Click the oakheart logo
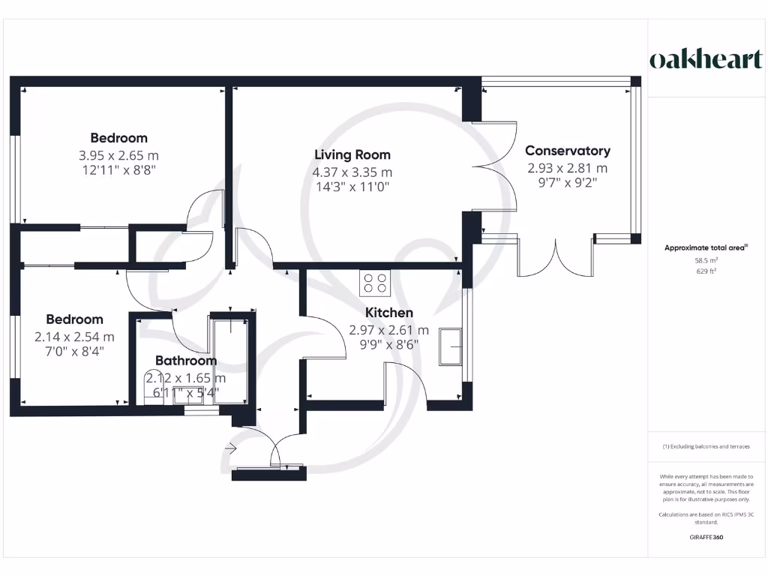pos(706,59)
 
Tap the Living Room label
pos(352,154)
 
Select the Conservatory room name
pos(568,151)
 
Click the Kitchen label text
pos(389,313)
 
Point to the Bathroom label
pos(186,361)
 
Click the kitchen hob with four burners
pos(375,283)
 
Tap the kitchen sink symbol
pos(450,346)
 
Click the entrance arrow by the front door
pos(231,448)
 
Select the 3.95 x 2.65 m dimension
pos(118,156)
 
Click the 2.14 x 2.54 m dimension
pos(74,337)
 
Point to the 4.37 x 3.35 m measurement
pos(352,172)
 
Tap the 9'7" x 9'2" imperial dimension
pos(568,183)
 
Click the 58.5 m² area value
pos(706,260)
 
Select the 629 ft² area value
pos(706,271)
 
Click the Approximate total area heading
pos(706,247)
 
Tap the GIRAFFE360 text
pos(706,537)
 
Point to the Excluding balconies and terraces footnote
pos(706,447)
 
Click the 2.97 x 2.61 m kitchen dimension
pos(389,330)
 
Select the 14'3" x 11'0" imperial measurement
pos(352,187)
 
